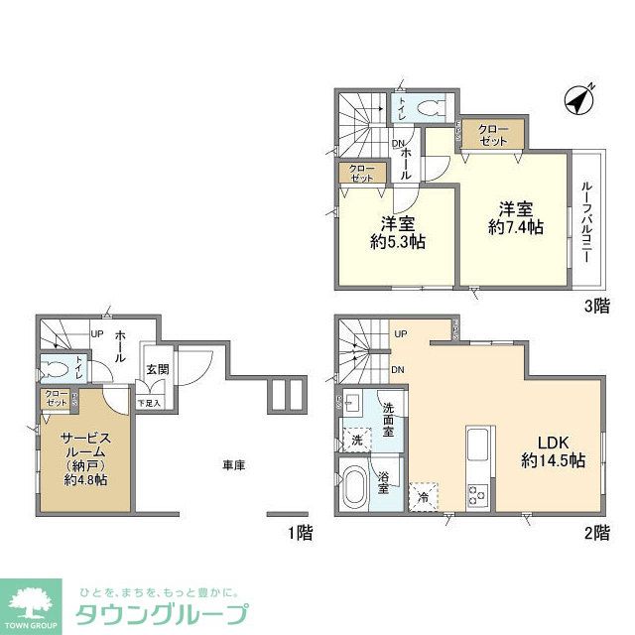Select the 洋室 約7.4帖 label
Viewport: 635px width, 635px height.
click(516, 217)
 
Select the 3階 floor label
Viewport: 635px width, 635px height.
click(596, 306)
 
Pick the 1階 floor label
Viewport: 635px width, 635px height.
click(300, 534)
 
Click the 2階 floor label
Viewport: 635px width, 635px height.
click(596, 534)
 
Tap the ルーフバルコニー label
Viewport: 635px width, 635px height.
click(586, 219)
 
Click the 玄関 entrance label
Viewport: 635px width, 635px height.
click(158, 369)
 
